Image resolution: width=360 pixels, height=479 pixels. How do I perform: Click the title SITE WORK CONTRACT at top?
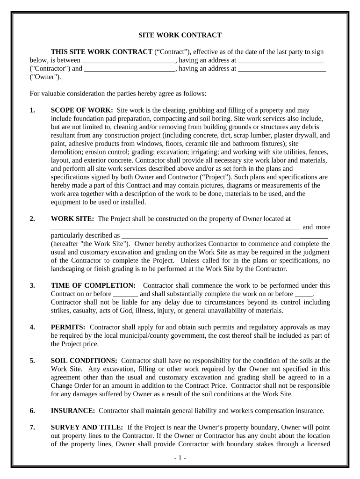180,35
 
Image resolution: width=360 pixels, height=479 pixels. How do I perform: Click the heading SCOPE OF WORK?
82,110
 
